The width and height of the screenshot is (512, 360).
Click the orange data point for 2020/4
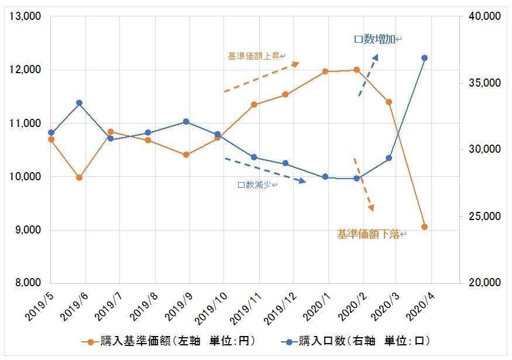pyautogui.click(x=425, y=227)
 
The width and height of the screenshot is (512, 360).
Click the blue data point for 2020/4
pyautogui.click(x=425, y=58)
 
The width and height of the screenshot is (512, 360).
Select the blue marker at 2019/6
pyautogui.click(x=79, y=103)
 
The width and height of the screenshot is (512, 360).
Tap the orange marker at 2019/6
pyautogui.click(x=79, y=177)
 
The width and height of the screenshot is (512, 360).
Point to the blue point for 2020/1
pyautogui.click(x=325, y=177)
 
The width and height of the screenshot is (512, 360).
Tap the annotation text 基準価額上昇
pyautogui.click(x=253, y=57)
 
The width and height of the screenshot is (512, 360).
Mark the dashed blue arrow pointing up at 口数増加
pyautogui.click(x=368, y=76)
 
